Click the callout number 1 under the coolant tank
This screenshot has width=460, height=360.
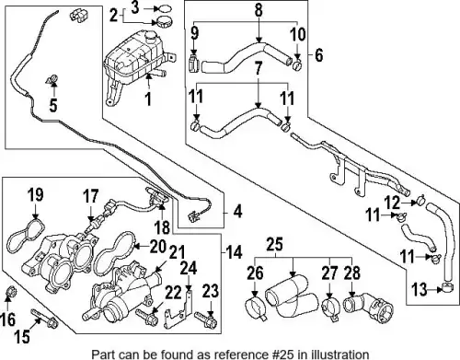point(148,99)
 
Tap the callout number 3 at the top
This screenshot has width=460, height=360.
point(135,7)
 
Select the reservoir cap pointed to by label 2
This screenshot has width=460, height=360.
point(163,22)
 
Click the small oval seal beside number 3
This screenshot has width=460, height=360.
point(165,9)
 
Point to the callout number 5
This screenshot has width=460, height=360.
point(53,105)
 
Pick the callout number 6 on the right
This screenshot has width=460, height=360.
point(319,55)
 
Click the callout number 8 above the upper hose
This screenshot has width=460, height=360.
point(259,9)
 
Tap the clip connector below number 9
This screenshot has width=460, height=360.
point(194,64)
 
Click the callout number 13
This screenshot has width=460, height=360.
point(419,289)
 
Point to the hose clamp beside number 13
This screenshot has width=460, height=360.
point(448,288)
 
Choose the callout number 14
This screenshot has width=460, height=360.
point(235,252)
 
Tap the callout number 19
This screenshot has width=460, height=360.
point(36,195)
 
